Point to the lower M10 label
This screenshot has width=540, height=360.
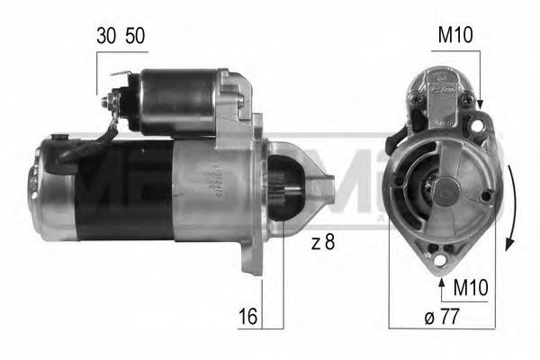coord(472,290)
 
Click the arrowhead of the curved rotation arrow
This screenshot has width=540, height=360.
coord(511,242)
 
